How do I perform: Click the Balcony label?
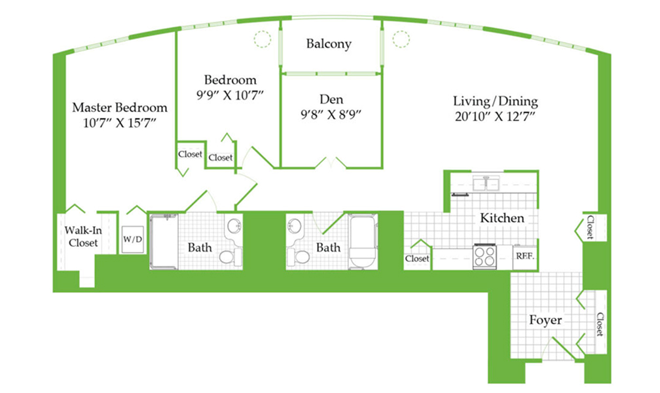[329, 44]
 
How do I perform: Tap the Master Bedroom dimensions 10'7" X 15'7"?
[120, 123]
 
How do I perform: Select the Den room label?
[331, 100]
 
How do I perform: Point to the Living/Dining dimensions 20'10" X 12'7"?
[495, 116]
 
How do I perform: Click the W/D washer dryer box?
[132, 240]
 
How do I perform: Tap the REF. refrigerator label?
[525, 255]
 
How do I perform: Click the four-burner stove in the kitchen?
[485, 256]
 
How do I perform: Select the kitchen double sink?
[486, 183]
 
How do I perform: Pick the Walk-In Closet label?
[83, 236]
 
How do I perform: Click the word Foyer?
[545, 320]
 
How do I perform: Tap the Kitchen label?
[502, 217]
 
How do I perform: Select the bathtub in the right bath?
[363, 242]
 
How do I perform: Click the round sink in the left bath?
[234, 226]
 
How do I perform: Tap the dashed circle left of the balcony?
[262, 39]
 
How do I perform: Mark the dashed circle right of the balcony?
[401, 39]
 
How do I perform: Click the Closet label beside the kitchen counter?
[417, 259]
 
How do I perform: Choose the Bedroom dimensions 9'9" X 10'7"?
[230, 95]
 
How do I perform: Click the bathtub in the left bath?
[164, 241]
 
